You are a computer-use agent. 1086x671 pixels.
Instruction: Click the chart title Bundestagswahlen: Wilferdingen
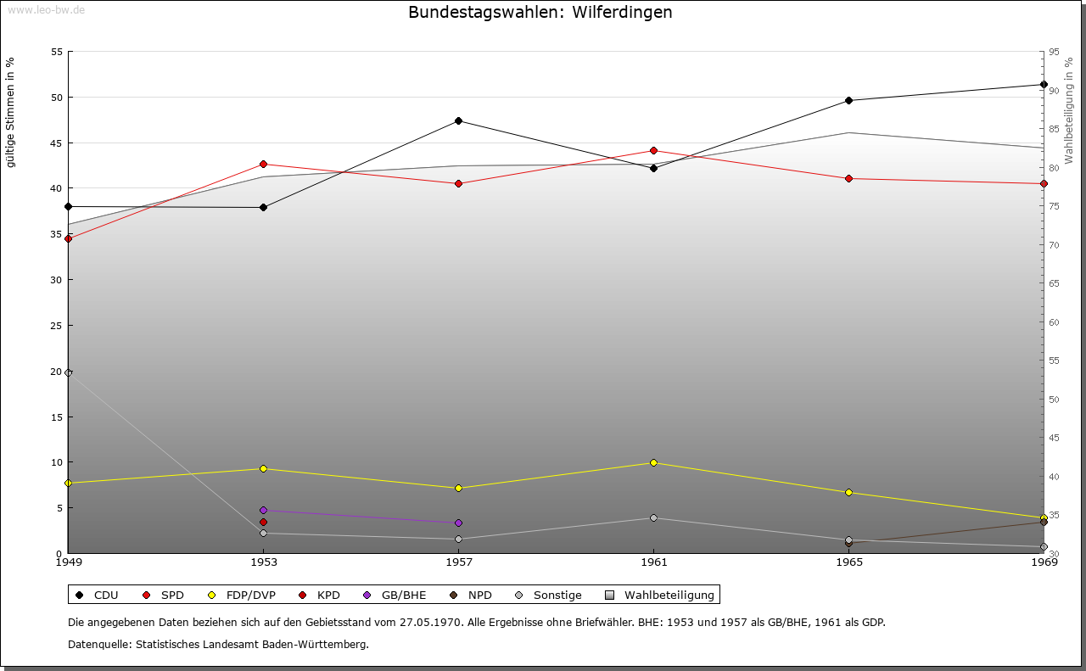point(540,13)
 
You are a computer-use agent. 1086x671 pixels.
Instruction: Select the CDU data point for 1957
point(458,120)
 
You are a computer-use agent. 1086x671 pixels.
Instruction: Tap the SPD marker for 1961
point(653,150)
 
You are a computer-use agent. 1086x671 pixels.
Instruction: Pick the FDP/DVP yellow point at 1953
point(263,468)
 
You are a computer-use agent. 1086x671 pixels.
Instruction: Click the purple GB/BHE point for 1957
point(458,523)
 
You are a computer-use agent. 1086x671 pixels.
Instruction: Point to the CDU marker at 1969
point(1044,84)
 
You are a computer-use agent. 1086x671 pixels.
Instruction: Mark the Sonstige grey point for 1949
point(69,372)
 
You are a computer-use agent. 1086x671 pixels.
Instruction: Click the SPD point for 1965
point(848,178)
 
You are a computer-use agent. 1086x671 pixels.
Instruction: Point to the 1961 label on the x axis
point(653,562)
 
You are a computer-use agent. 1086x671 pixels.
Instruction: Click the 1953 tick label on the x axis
point(263,562)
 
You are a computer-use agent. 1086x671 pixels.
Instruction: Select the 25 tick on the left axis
point(57,326)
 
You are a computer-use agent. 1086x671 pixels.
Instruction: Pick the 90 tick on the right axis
point(1054,91)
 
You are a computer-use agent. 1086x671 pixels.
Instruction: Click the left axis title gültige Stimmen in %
point(11,112)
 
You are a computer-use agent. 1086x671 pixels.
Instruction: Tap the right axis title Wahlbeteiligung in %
point(1069,111)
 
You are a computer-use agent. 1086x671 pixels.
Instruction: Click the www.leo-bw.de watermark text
point(46,10)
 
